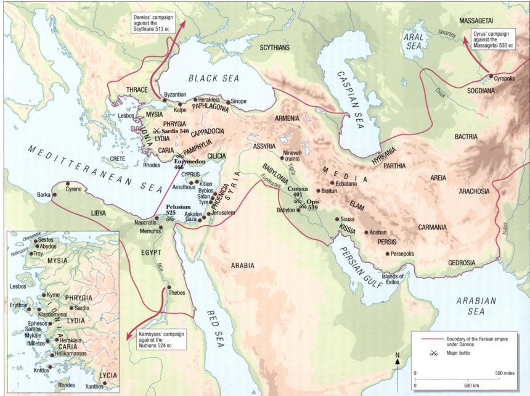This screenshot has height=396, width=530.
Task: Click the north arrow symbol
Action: [397, 361]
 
